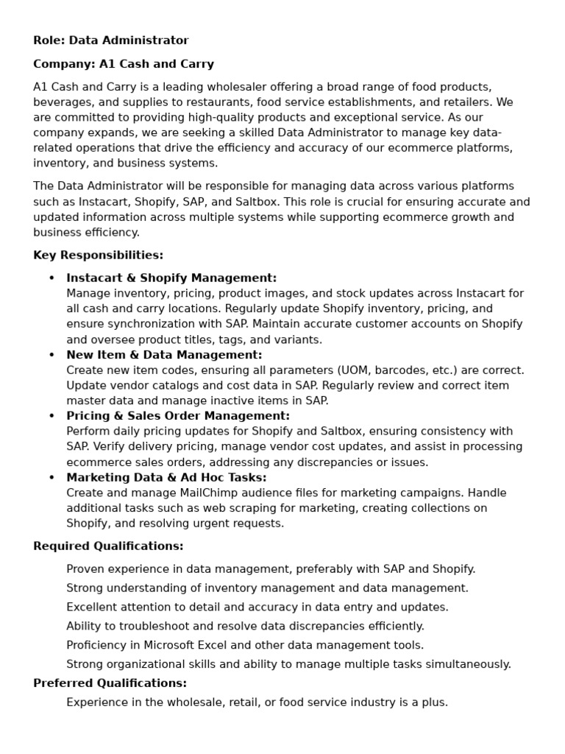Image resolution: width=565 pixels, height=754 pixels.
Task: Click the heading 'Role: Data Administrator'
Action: coord(110,40)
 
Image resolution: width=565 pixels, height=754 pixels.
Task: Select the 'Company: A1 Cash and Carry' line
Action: coord(124,64)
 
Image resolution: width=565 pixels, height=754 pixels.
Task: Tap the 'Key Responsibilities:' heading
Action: coord(98,256)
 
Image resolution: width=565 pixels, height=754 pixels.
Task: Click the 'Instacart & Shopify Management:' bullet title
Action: coord(171,278)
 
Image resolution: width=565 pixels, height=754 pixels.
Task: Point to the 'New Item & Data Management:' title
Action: coord(164,355)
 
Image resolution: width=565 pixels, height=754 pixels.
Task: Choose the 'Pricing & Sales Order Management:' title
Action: coord(178,416)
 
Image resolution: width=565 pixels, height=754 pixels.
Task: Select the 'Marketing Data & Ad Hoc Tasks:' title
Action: coord(166,478)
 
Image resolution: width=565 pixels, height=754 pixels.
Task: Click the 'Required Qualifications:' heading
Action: coord(108,546)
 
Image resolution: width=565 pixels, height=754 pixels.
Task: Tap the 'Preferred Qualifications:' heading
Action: coord(110,683)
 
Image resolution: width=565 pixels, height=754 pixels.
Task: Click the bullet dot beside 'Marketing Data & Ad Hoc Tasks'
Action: coord(51,478)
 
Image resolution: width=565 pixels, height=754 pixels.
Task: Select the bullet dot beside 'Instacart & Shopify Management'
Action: coord(51,278)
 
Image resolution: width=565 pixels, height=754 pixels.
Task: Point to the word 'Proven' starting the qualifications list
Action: coord(85,569)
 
